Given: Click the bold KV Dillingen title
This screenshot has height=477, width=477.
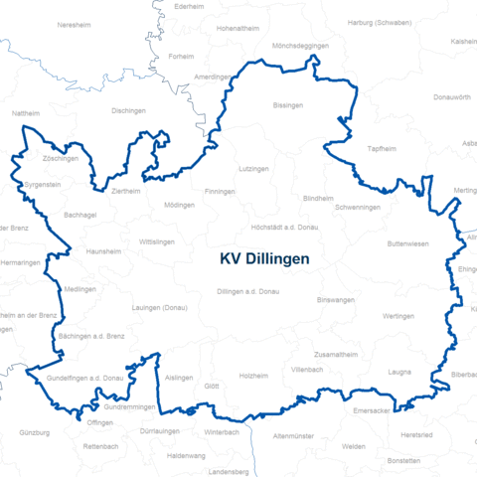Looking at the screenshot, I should [x=263, y=258].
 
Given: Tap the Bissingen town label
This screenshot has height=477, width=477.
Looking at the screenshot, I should [x=288, y=104].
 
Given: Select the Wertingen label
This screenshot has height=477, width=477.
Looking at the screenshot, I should [x=397, y=316].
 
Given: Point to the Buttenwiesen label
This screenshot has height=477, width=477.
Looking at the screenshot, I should [x=408, y=243].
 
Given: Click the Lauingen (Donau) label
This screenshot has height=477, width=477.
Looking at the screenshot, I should [x=159, y=308].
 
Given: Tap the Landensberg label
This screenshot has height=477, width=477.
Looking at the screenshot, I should [x=229, y=471].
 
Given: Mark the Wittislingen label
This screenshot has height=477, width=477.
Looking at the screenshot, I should [x=157, y=241].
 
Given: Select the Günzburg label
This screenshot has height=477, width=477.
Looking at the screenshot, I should [x=34, y=433].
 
